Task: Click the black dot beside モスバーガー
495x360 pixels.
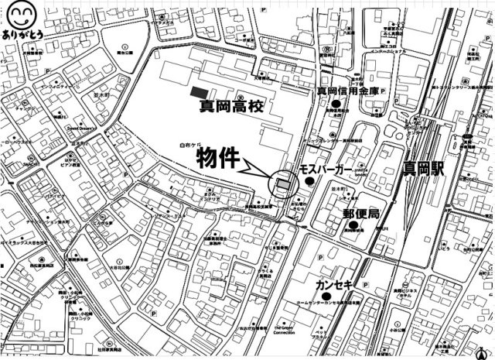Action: [x=309, y=181]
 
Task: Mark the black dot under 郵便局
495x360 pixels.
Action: [x=353, y=225]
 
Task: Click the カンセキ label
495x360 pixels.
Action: [x=334, y=285]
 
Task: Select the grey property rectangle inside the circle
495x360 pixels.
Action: [x=283, y=184]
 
